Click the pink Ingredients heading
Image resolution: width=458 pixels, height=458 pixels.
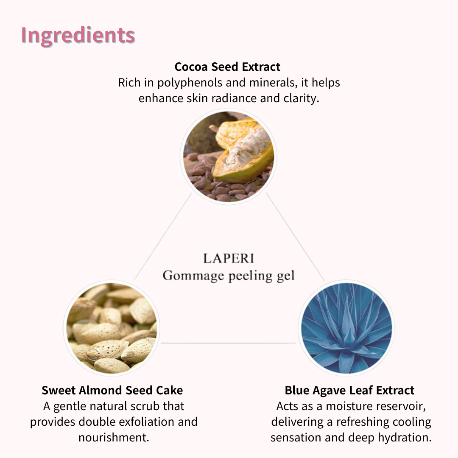point(78,36)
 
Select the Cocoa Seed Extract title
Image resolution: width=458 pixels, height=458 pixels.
point(227,67)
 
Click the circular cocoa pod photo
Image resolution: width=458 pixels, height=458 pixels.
point(229,156)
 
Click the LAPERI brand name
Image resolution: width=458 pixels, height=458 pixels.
point(229,259)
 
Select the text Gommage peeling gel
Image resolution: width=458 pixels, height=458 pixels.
point(229,276)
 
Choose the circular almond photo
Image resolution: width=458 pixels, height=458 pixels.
point(112,328)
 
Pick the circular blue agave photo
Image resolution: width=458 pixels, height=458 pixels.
point(346,328)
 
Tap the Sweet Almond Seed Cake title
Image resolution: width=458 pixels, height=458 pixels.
point(112,391)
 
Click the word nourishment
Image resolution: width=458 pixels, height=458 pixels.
point(114,438)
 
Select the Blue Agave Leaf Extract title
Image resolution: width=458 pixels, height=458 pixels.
point(349,391)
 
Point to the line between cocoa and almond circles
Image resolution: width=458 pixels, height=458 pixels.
point(163,237)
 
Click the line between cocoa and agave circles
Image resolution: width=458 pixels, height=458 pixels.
point(295,237)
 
